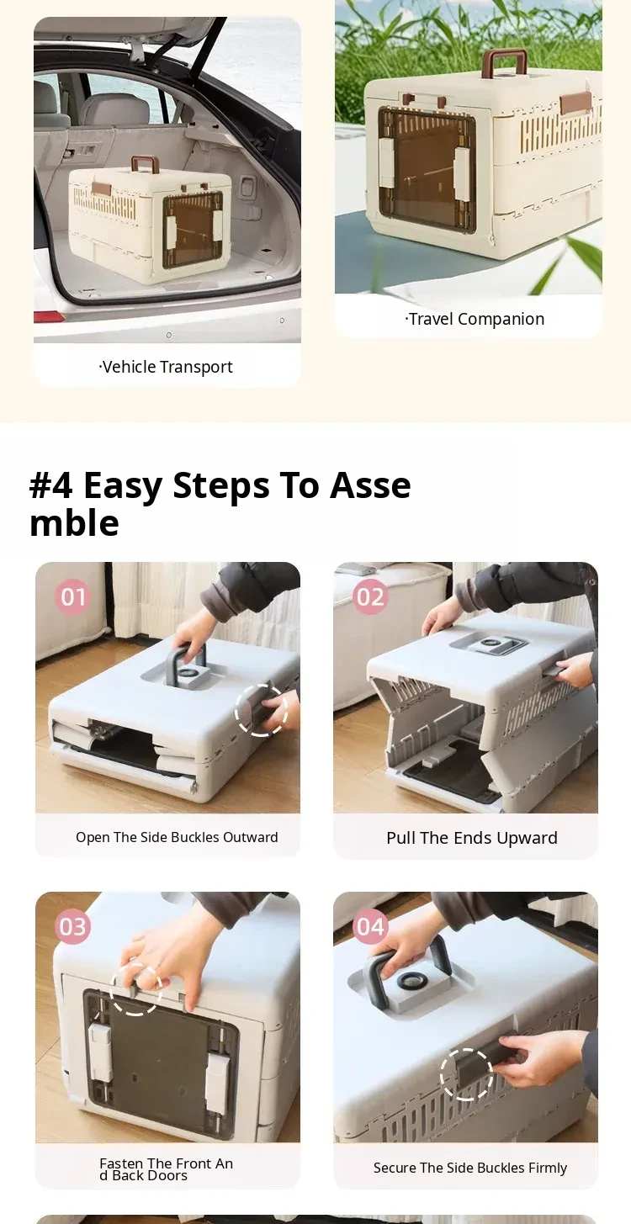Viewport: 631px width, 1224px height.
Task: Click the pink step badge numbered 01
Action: coord(72,596)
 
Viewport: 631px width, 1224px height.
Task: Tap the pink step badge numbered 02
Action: coord(370,596)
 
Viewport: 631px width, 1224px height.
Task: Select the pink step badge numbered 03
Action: coord(72,927)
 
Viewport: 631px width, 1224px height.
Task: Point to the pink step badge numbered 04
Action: coord(370,927)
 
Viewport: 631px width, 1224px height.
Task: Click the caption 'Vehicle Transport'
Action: coord(166,367)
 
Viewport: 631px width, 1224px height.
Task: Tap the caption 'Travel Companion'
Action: coord(475,319)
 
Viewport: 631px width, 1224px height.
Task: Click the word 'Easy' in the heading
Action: coord(123,485)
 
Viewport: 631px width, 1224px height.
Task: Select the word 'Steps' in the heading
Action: coord(221,485)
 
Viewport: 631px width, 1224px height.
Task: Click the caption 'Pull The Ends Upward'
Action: coord(472,838)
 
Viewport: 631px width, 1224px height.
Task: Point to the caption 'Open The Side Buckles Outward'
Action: coord(177,837)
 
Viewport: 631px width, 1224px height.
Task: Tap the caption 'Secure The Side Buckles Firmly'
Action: coord(470,1168)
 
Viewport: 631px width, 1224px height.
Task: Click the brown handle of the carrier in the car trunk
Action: coord(145,164)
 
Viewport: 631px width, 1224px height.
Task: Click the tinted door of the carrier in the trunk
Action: coord(193,230)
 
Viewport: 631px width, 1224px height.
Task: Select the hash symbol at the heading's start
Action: coord(50,485)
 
